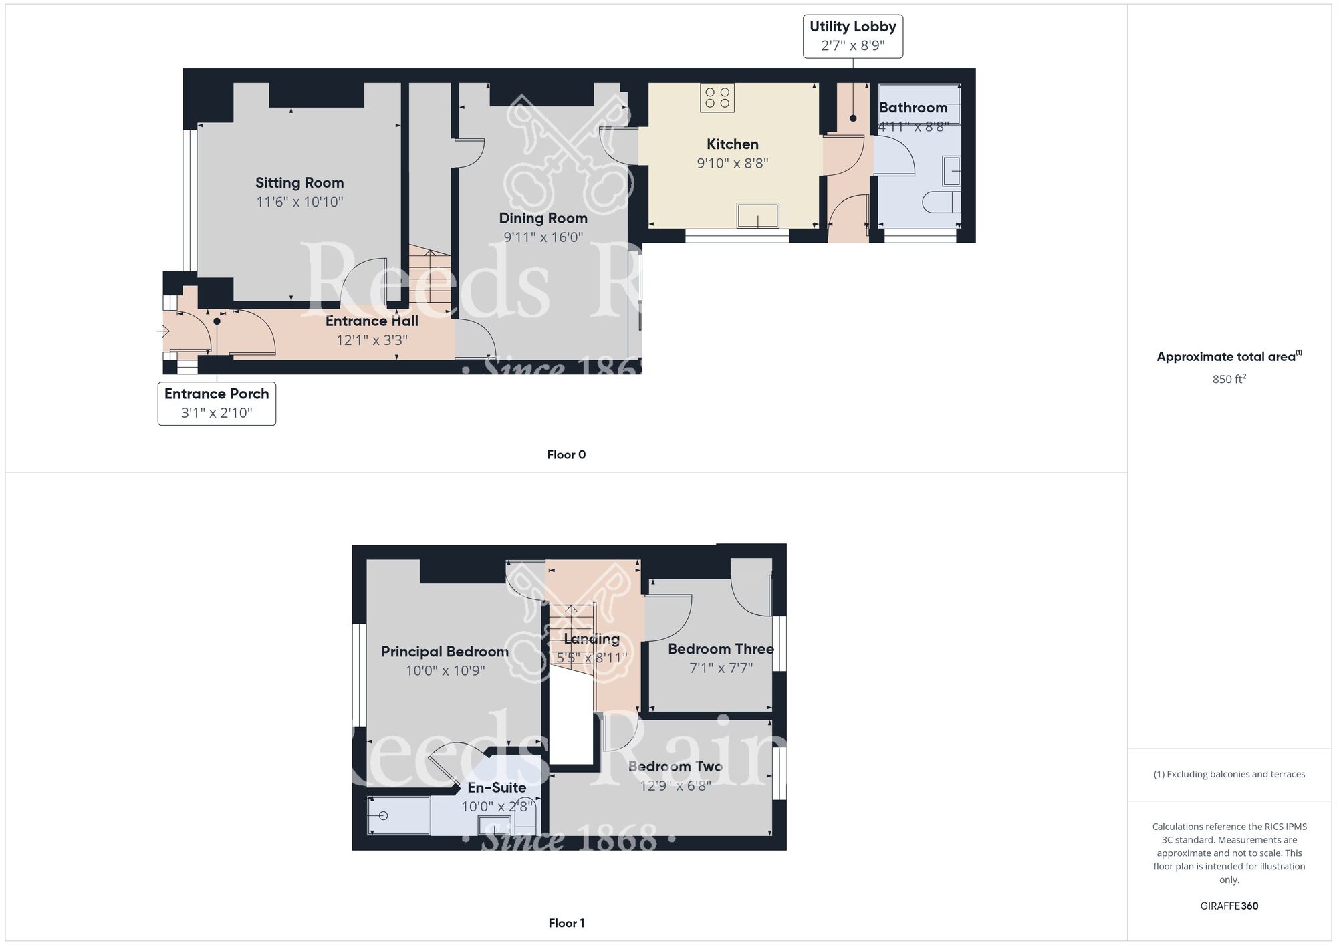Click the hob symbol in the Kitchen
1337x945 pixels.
pyautogui.click(x=717, y=98)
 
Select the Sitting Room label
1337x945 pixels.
pyautogui.click(x=299, y=183)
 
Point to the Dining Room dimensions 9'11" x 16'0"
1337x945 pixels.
pyautogui.click(x=543, y=237)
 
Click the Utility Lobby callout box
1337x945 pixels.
pyautogui.click(x=853, y=36)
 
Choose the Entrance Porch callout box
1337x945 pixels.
pyautogui.click(x=217, y=403)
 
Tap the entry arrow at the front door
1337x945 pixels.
pyautogui.click(x=163, y=330)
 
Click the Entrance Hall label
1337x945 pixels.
pyautogui.click(x=372, y=321)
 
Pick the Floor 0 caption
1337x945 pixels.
pyautogui.click(x=566, y=455)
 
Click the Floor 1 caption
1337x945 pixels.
pyautogui.click(x=566, y=923)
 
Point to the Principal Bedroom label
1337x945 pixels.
pyautogui.click(x=445, y=652)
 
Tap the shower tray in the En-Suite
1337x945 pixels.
pyautogui.click(x=399, y=815)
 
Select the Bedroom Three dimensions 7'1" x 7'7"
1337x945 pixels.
pyautogui.click(x=721, y=668)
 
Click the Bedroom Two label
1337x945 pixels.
pyautogui.click(x=675, y=767)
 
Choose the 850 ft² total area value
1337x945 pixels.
pyautogui.click(x=1229, y=379)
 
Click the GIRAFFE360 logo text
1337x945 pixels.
pyautogui.click(x=1229, y=906)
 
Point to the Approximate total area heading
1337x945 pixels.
pyautogui.click(x=1229, y=356)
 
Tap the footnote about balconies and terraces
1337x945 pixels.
pyautogui.click(x=1229, y=774)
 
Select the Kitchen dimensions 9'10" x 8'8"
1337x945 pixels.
pyautogui.click(x=733, y=163)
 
